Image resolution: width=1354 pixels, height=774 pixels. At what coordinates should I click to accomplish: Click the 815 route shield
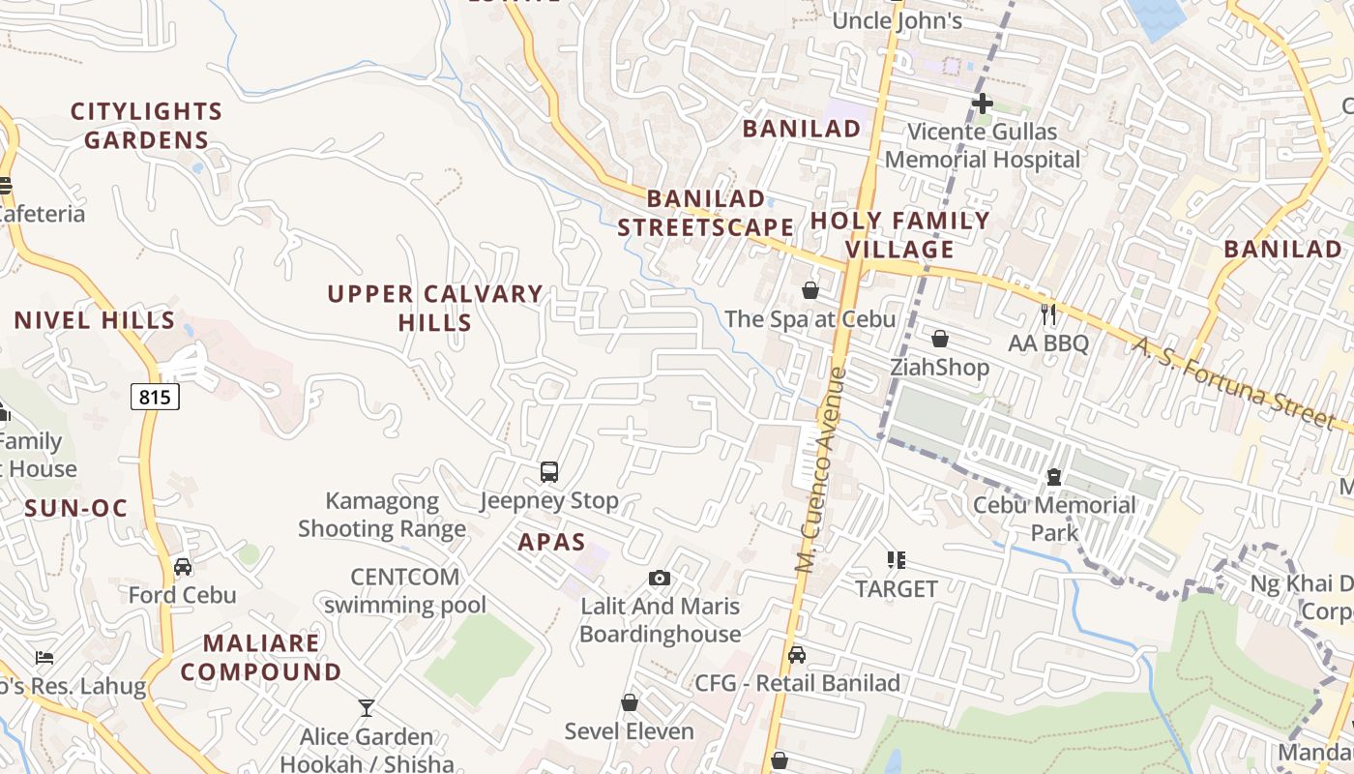point(155,397)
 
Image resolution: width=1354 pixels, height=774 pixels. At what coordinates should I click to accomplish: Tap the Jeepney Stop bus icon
point(549,472)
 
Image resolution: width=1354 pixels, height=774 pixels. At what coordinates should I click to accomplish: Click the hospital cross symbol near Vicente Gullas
point(983,104)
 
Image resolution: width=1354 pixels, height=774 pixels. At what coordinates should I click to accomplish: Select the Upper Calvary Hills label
point(435,308)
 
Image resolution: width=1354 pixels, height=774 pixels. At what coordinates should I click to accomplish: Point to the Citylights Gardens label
point(146,126)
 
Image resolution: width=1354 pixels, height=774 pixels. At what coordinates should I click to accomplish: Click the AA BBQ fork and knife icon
point(1047,313)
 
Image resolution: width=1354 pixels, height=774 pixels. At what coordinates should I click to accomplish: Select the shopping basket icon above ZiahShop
point(939,339)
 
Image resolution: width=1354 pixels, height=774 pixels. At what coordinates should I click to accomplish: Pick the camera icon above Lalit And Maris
point(660,579)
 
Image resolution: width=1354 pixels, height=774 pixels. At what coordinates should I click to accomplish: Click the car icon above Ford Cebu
point(182,567)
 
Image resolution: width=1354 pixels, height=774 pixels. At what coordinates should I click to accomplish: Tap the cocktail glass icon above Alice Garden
point(367,708)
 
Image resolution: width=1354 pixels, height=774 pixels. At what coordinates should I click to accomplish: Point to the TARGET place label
point(897,588)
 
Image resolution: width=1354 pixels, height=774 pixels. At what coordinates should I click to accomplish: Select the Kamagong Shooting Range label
point(382,515)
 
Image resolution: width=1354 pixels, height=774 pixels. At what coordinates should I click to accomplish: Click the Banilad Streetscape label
point(706,213)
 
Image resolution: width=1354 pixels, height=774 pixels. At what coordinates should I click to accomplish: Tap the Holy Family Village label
point(900,235)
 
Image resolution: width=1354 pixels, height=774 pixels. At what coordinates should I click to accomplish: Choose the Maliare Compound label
point(261,657)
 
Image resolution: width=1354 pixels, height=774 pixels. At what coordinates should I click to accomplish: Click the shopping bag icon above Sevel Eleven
point(630,702)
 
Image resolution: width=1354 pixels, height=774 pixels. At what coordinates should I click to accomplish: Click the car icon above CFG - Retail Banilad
point(797,655)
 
